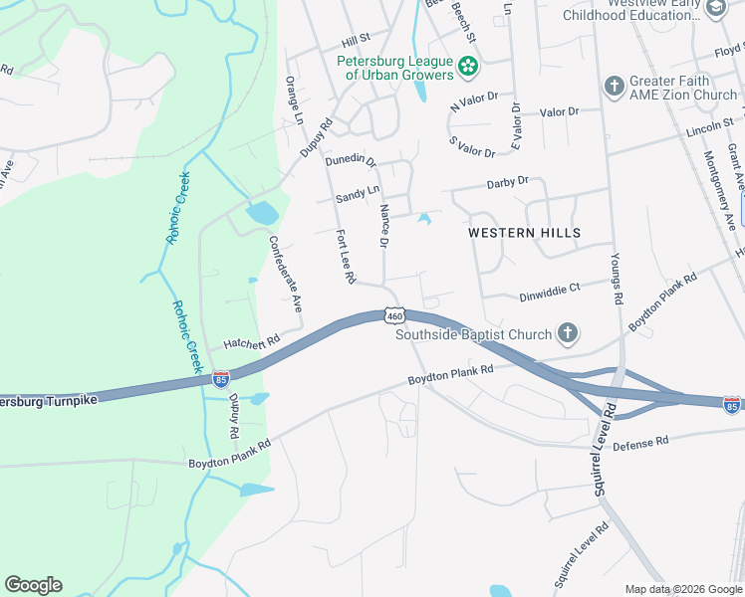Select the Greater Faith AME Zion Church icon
(x=615, y=87)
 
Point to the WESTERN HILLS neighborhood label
(x=524, y=232)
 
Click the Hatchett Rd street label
(x=252, y=341)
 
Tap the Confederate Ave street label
(x=284, y=275)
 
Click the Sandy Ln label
(x=358, y=193)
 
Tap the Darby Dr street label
(x=507, y=183)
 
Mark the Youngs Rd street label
(x=618, y=284)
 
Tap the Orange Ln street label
(x=294, y=96)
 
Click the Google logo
(x=33, y=585)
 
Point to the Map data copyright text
(x=683, y=589)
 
